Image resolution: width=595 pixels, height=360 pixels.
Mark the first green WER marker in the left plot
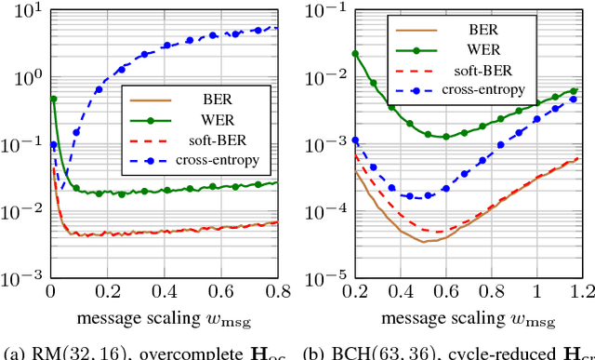53,99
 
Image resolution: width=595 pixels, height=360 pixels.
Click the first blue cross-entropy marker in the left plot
53,145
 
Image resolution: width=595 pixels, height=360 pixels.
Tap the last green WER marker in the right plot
575,90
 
